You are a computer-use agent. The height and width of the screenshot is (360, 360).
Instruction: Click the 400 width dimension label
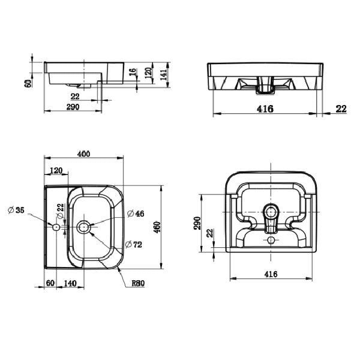pyautogui.click(x=83, y=154)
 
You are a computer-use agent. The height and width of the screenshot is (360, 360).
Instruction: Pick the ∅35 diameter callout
pyautogui.click(x=16, y=210)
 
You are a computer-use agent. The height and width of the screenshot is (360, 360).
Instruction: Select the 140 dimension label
pyautogui.click(x=71, y=283)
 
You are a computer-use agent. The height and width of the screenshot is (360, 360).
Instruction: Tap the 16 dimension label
pyautogui.click(x=133, y=73)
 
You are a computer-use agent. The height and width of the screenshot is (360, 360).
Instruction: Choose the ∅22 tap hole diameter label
pyautogui.click(x=60, y=210)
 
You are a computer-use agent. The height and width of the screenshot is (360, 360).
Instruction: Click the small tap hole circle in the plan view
pyautogui.click(x=56, y=227)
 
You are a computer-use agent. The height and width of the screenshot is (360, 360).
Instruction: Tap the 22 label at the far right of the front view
pyautogui.click(x=341, y=109)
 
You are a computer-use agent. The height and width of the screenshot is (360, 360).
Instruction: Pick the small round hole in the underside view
pyautogui.click(x=271, y=240)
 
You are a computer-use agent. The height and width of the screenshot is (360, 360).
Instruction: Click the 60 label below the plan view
pyautogui.click(x=50, y=283)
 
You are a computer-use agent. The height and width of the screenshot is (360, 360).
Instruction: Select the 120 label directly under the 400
pyautogui.click(x=55, y=171)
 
